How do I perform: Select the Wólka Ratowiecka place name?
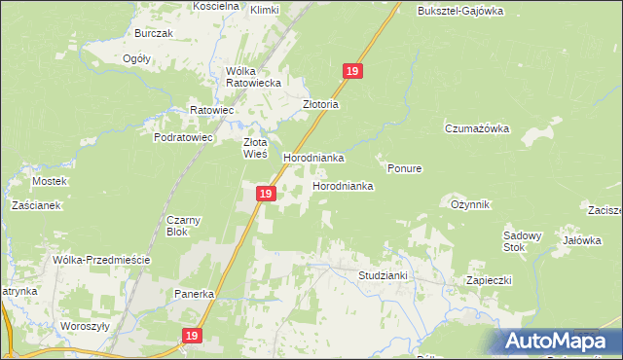pyautogui.click(x=253, y=77)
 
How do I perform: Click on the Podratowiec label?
pyautogui.click(x=183, y=138)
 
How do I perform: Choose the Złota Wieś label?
pyautogui.click(x=254, y=147)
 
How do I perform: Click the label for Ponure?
pyautogui.click(x=404, y=168)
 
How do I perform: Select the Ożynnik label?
pyautogui.click(x=470, y=204)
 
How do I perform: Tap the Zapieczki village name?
pyautogui.click(x=489, y=279)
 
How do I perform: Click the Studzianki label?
pyautogui.click(x=383, y=275)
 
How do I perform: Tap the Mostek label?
pyautogui.click(x=49, y=181)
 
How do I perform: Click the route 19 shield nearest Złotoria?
pyautogui.click(x=353, y=71)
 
